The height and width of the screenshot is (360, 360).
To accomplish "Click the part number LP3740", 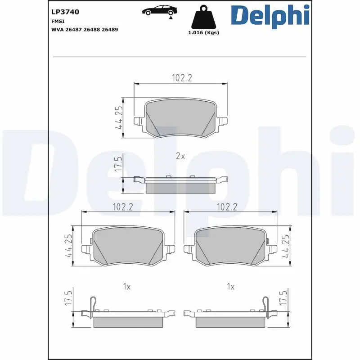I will coord(66,12).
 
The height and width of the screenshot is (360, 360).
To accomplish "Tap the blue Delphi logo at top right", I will coord(270,15).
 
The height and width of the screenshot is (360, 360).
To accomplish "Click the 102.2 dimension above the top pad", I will coord(182,78).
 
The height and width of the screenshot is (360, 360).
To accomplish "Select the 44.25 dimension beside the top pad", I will coord(119,117).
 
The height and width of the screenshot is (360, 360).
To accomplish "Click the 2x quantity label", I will coord(180,156).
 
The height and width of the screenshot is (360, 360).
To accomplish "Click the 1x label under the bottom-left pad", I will coord(127,287).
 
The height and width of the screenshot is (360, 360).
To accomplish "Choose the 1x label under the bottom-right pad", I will coord(231,287).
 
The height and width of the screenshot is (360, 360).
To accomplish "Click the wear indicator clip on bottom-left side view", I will coord(93,304).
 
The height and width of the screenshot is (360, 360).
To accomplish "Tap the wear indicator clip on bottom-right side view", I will coord(265,304).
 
